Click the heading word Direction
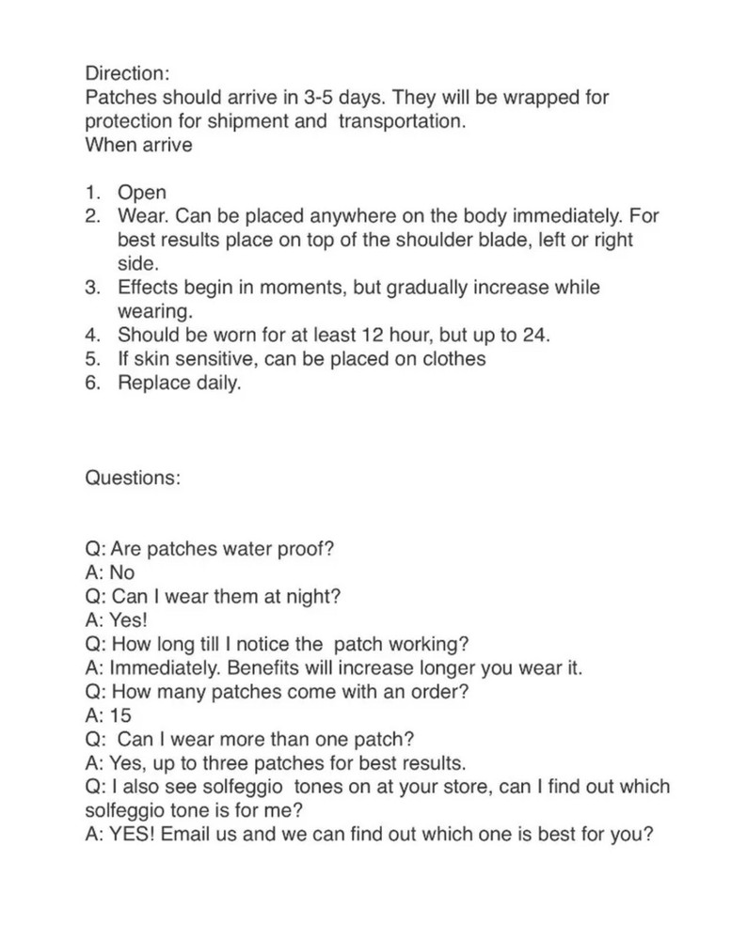pyautogui.click(x=128, y=72)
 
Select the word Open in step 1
pyautogui.click(x=142, y=193)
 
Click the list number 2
pyautogui.click(x=92, y=216)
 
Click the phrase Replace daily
pyautogui.click(x=179, y=384)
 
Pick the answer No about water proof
pyautogui.click(x=122, y=572)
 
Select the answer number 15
pyautogui.click(x=120, y=715)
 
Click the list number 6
pyautogui.click(x=92, y=384)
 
